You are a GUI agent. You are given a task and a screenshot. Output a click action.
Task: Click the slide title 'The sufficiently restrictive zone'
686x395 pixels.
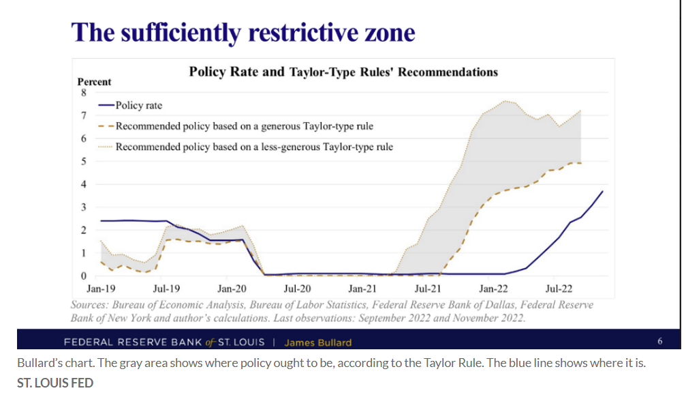tap(243, 32)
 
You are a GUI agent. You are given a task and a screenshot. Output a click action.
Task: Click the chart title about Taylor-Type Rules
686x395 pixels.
tap(343, 72)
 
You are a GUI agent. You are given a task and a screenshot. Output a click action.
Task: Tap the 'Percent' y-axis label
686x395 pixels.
tap(94, 82)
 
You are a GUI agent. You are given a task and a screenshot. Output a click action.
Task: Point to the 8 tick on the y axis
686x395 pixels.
tap(84, 93)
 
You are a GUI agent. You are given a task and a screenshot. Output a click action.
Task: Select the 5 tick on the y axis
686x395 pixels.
tap(84, 162)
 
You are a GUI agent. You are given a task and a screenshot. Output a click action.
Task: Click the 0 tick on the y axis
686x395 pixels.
tap(84, 276)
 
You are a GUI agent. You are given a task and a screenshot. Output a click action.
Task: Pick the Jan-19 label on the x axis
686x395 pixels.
tap(101, 289)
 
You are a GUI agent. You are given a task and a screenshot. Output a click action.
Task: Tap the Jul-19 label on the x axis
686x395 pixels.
tap(166, 289)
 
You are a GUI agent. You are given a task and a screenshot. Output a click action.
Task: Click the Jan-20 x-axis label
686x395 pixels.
tap(231, 289)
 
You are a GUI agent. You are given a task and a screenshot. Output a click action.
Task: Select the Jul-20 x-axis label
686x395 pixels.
tap(297, 289)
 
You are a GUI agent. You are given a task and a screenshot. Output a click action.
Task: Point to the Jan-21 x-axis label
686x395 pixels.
tap(362, 289)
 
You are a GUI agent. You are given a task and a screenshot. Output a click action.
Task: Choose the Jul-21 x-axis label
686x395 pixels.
tap(427, 289)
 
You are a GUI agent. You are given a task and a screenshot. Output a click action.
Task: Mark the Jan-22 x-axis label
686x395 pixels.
tap(493, 289)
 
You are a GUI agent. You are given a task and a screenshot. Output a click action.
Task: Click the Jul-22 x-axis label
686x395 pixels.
tap(558, 289)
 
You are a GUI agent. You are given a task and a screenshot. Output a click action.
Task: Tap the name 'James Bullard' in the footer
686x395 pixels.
tap(317, 342)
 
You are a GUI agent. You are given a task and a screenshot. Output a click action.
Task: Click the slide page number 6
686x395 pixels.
tap(659, 341)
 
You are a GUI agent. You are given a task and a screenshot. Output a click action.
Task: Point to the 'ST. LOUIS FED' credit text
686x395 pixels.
tap(55, 383)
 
